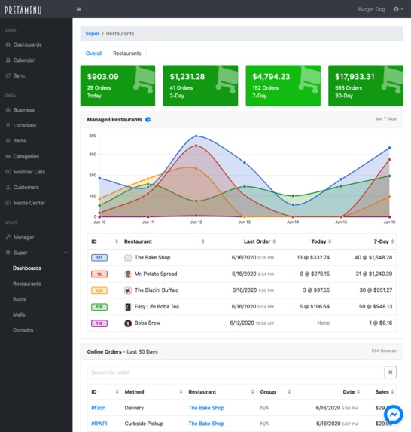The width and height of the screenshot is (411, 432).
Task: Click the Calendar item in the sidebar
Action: tap(25, 60)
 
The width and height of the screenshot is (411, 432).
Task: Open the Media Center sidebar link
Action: tap(29, 203)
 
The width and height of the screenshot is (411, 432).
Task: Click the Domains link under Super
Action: tap(23, 329)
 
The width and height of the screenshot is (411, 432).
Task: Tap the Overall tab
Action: tap(94, 54)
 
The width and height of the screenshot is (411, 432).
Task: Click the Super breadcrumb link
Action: tap(92, 34)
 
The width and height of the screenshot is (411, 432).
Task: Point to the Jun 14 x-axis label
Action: tap(292, 222)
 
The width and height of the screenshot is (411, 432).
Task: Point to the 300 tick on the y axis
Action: tap(93, 154)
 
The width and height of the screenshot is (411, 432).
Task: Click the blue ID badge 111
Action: tap(98, 258)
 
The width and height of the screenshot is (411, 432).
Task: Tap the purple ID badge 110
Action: tap(98, 323)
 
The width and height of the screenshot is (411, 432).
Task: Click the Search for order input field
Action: tap(235, 372)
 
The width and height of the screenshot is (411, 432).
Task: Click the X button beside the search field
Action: tap(390, 372)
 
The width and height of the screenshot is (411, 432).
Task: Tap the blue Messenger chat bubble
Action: tap(394, 415)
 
